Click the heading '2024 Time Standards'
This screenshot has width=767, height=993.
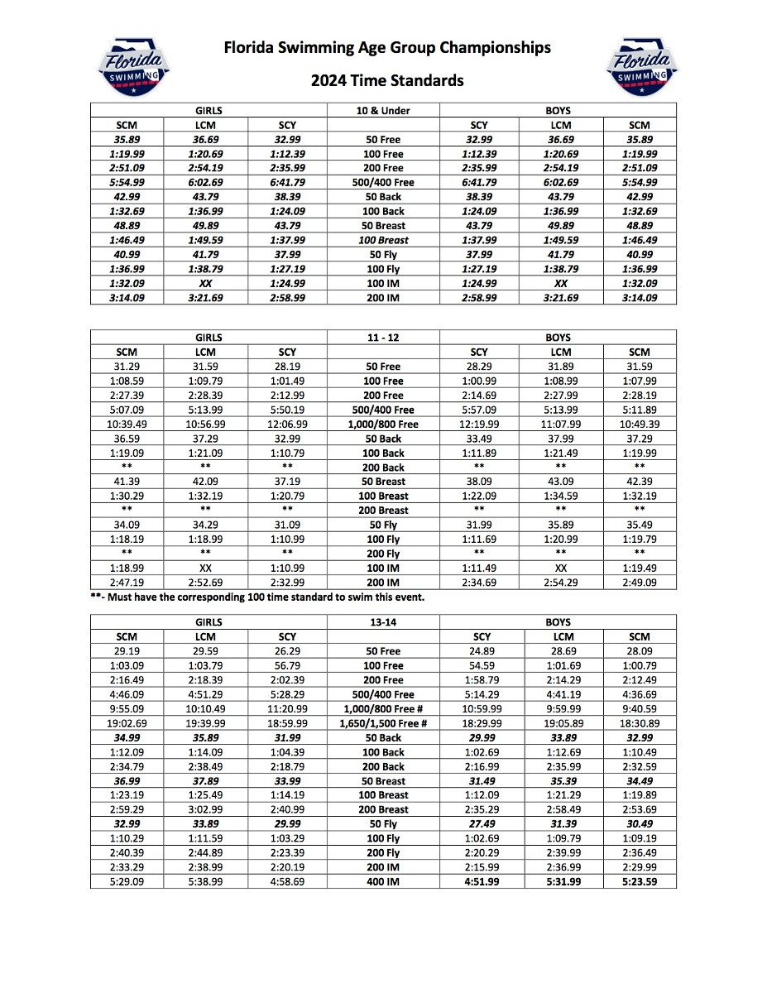pos(387,81)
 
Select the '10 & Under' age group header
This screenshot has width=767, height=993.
pos(383,110)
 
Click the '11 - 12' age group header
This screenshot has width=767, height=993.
pos(383,338)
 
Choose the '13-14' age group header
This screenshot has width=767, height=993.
pos(383,622)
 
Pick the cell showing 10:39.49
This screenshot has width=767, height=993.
pos(127,425)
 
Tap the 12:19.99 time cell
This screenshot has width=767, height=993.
pos(482,425)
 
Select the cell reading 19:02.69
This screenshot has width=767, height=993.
pos(127,723)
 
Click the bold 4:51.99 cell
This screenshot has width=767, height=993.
pos(482,882)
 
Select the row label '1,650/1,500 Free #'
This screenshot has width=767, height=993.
pos(383,723)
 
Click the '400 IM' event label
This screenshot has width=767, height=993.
pos(383,882)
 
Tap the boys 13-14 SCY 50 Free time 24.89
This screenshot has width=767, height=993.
pos(482,651)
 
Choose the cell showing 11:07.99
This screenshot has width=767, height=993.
pos(563,425)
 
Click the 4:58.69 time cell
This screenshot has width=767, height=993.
pos(287,882)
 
